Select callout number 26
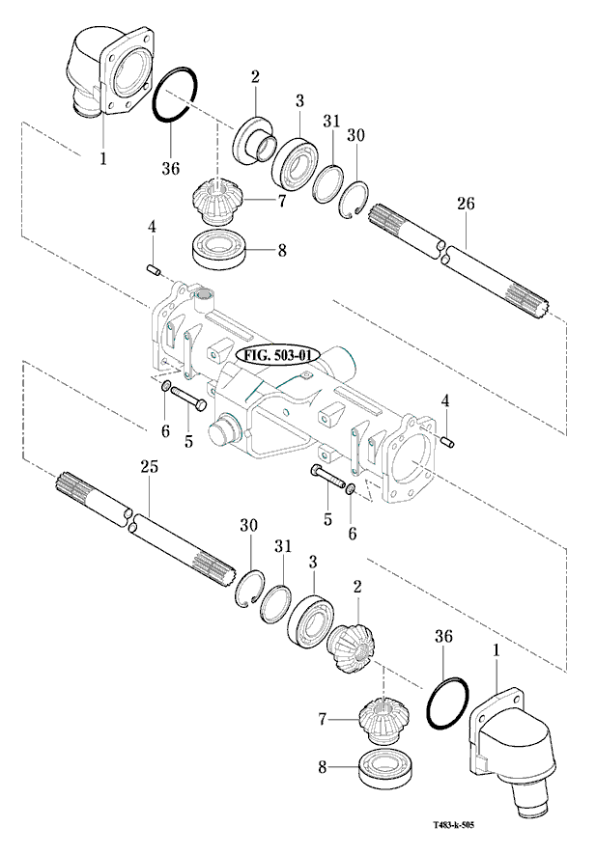(x=466, y=204)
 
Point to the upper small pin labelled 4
(x=152, y=266)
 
